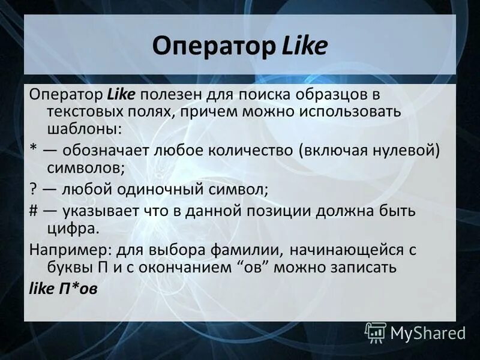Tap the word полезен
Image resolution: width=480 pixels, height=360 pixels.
pos(173,95)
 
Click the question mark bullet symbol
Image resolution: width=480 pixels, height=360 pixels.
pos(33,190)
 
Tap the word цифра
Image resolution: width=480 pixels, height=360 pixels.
pos(74,228)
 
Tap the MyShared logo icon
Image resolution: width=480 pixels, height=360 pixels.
pos(375,332)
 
